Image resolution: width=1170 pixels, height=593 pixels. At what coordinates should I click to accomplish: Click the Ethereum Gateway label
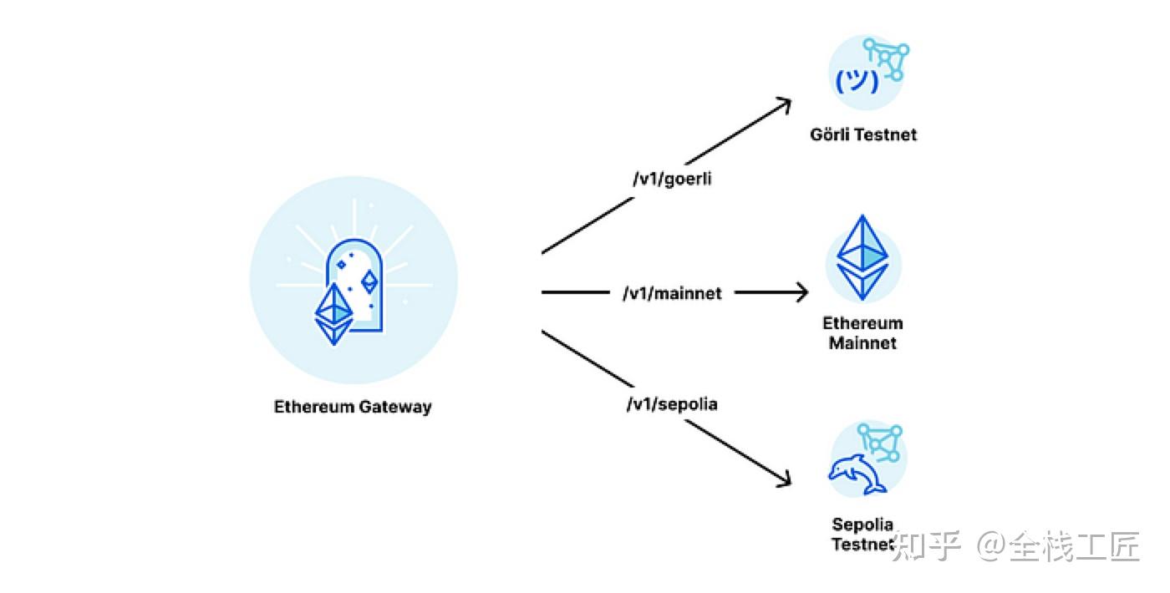pyautogui.click(x=353, y=408)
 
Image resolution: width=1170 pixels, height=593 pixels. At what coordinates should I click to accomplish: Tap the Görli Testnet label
pyautogui.click(x=863, y=134)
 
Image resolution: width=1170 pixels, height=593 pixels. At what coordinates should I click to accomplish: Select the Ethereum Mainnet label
pyautogui.click(x=863, y=332)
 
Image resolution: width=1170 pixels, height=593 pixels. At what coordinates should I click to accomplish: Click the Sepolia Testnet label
pyautogui.click(x=863, y=535)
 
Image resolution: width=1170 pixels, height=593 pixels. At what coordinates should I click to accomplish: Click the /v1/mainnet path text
pyautogui.click(x=672, y=293)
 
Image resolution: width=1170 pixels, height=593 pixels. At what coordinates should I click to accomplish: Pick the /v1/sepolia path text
pyautogui.click(x=672, y=404)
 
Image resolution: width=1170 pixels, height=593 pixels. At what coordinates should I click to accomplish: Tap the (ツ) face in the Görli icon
pyautogui.click(x=857, y=81)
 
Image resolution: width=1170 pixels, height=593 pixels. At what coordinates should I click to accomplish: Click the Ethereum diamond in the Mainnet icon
pyautogui.click(x=863, y=257)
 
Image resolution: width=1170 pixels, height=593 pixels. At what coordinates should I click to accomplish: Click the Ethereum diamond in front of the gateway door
pyautogui.click(x=334, y=313)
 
